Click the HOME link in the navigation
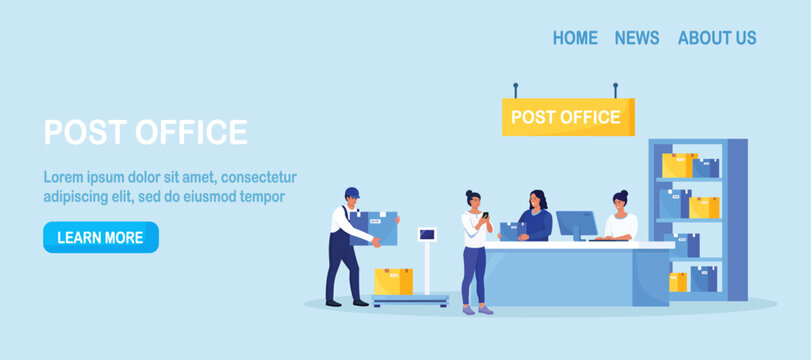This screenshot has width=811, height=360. click(x=575, y=38)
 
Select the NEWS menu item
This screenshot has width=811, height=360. click(x=637, y=38)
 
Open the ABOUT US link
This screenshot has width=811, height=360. click(x=717, y=38)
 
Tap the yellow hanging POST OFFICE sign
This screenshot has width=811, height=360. click(x=567, y=117)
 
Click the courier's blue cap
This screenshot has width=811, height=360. click(x=351, y=192)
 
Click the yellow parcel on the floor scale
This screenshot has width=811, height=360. click(x=393, y=281)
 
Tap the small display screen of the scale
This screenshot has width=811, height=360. click(x=427, y=235)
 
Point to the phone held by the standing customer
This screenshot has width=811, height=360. click(x=485, y=215)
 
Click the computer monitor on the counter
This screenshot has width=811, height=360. click(x=576, y=223)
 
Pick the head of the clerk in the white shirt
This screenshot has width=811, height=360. click(x=620, y=200)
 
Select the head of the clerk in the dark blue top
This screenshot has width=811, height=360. click(x=538, y=198)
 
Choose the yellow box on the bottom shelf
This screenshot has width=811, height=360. click(x=678, y=282)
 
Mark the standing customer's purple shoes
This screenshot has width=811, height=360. click(x=479, y=310)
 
